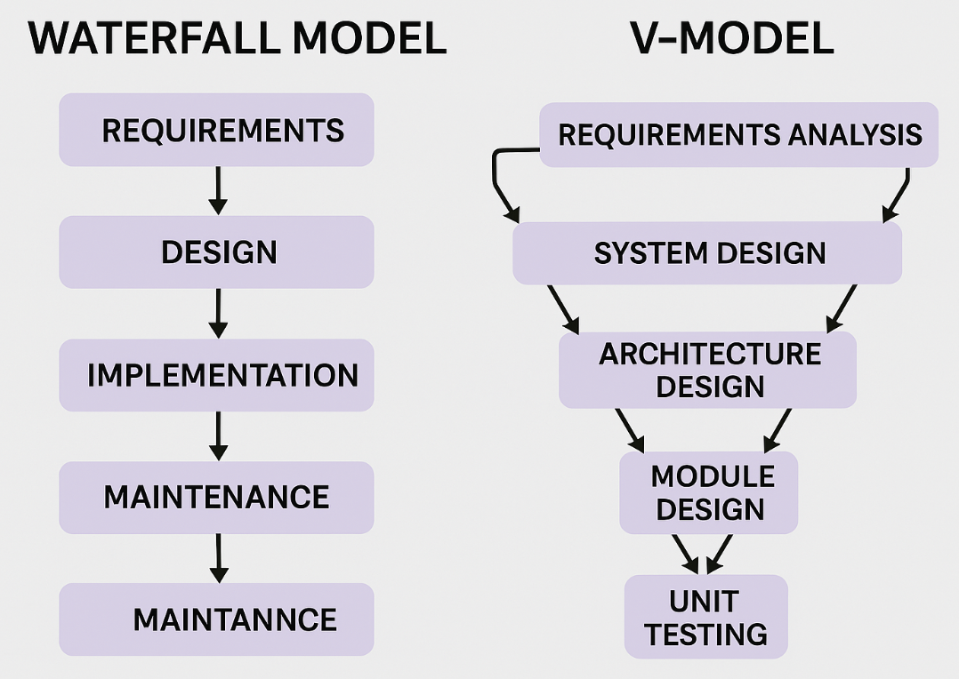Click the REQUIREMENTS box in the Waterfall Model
coord(216,131)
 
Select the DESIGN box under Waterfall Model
coord(216,252)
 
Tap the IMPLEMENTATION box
coord(216,375)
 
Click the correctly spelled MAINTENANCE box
coord(216,497)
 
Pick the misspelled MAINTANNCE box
coord(216,619)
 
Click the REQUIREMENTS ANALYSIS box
coord(738,135)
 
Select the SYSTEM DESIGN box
coord(707,253)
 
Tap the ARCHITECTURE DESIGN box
coord(708,370)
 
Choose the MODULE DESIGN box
coord(709,492)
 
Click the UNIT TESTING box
coord(706,617)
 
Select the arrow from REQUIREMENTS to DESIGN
coord(218,190)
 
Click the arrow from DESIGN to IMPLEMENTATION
coord(218,313)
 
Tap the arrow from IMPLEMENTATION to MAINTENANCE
coord(218,435)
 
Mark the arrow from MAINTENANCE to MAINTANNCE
coord(218,557)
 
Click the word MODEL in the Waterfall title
coord(369,38)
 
